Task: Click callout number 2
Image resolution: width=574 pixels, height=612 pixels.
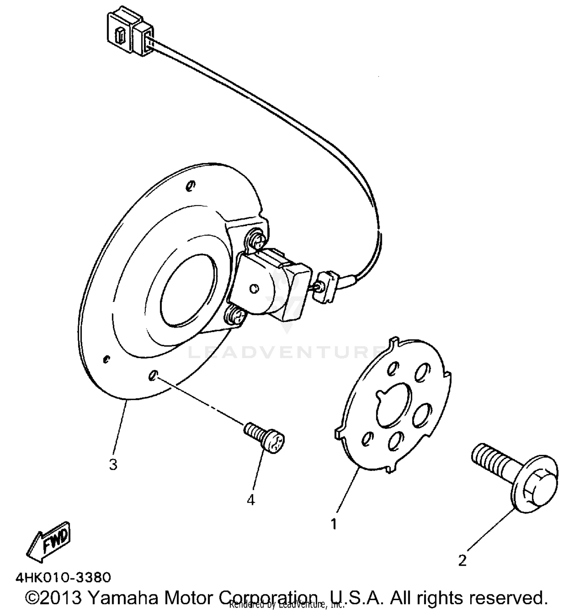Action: point(462,561)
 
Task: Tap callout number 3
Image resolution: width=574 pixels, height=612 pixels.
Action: point(113,465)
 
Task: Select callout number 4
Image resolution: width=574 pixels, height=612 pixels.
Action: point(251,500)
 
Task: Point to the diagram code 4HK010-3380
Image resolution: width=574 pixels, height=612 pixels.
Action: point(63,577)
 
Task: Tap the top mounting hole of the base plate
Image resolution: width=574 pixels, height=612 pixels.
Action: point(190,186)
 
